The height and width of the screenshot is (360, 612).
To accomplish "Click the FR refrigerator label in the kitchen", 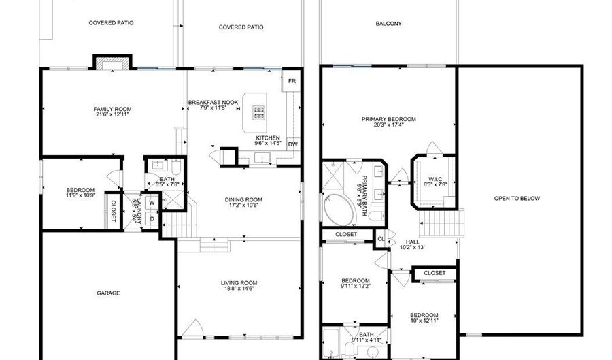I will point(292,81).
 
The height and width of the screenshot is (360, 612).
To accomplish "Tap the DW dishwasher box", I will point(292,144).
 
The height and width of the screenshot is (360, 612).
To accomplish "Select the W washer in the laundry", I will point(152,202).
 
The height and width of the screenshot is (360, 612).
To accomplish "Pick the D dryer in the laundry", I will point(152,218).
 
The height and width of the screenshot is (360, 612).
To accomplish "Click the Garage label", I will point(108,293).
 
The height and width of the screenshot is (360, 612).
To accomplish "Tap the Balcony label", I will point(388,24).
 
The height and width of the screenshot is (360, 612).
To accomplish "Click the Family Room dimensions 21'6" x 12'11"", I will point(112,115).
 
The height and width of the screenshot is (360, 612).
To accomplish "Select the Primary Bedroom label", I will point(388,119).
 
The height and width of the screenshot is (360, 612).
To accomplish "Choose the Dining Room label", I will point(243,199).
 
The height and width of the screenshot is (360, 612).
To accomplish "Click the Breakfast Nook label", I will point(213,102).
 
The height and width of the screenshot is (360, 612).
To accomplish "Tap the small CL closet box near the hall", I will point(381,238).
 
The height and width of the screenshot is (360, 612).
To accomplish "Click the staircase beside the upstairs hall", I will point(440,222).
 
